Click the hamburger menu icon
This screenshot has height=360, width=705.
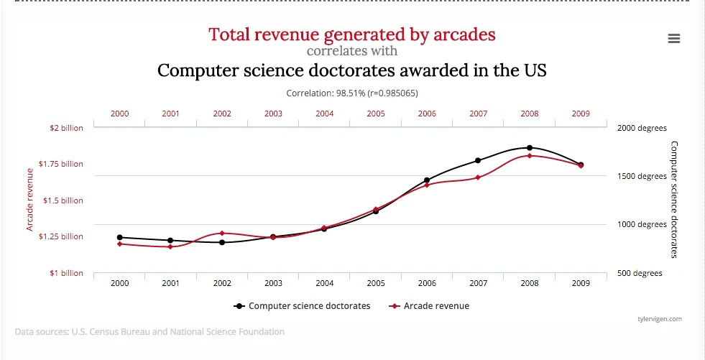coord(673,39)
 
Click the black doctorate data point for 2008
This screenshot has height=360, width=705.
coord(530,148)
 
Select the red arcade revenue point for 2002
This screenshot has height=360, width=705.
coord(222,233)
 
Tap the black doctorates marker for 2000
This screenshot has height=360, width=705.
coord(119,237)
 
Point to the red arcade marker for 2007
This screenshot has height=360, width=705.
coord(478,177)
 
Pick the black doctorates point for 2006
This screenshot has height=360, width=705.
coord(427,180)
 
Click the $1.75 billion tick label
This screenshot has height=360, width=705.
coord(61,164)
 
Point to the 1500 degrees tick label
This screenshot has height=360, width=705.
coord(642,176)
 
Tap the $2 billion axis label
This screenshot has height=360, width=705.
coord(66,128)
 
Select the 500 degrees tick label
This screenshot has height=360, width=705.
coord(640,273)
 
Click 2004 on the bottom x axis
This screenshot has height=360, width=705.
coord(324,283)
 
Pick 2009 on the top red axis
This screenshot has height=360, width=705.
coord(581,114)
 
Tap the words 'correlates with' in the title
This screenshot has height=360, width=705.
coord(352,51)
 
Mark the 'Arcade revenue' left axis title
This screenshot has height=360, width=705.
coord(30,200)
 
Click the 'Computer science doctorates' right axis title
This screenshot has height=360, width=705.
coord(673,199)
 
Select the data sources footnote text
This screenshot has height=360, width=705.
coord(149,332)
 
